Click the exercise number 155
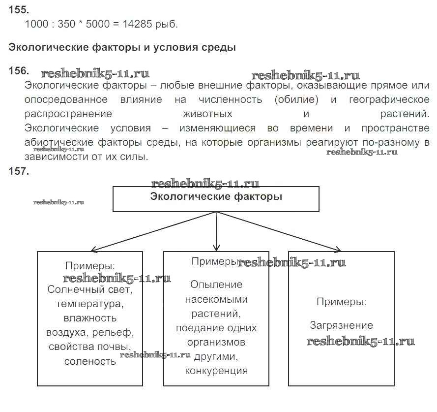[19, 10]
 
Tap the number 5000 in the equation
[97, 24]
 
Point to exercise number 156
[19, 70]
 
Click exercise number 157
[19, 171]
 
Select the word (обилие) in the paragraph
[296, 99]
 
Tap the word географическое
[389, 100]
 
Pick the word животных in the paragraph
[207, 114]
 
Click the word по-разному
[391, 143]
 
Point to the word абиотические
[59, 142]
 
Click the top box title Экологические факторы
[216, 196]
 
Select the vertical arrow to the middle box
[216, 231]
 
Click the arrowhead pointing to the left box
[95, 250]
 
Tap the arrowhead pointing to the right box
[337, 249]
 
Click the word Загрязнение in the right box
[342, 325]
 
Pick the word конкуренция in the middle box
[216, 371]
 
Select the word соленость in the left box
[90, 361]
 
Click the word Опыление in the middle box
[216, 285]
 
